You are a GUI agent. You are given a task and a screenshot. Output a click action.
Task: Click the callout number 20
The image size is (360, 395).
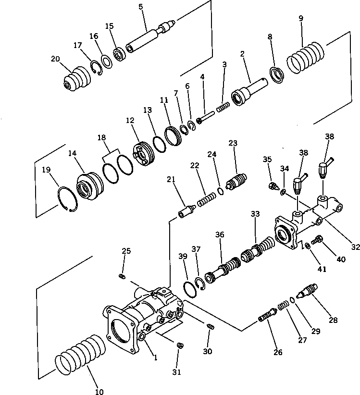(55, 59)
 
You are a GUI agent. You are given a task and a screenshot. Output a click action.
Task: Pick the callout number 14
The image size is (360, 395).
(72, 153)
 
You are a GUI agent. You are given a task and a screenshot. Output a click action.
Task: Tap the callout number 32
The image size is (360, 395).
(355, 247)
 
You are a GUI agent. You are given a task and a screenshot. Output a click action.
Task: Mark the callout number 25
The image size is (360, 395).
(126, 251)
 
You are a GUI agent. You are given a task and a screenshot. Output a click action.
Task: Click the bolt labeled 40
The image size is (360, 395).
(317, 239)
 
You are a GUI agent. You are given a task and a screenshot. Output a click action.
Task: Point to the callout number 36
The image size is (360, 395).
(220, 235)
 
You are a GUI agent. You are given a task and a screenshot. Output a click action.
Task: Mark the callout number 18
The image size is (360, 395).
(102, 137)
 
